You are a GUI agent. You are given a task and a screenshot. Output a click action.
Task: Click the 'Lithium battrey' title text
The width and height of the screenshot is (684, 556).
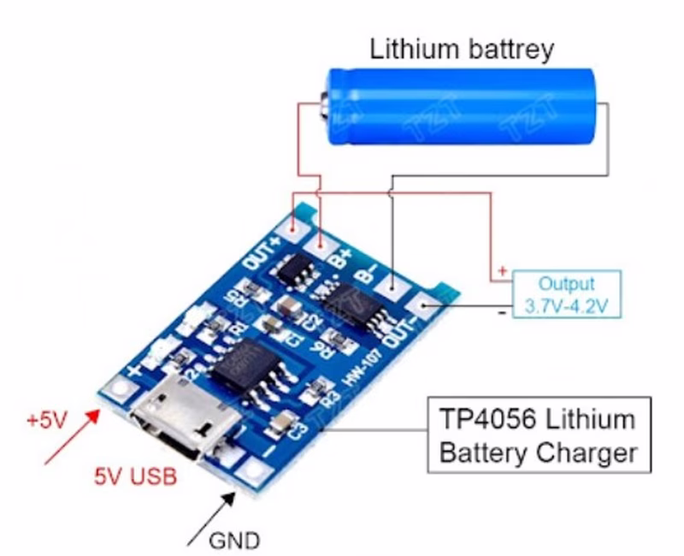(462, 49)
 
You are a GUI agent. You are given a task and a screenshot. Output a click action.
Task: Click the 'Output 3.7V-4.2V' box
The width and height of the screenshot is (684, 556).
(566, 295)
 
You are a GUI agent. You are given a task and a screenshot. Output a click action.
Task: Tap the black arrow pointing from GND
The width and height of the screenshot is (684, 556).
(209, 518)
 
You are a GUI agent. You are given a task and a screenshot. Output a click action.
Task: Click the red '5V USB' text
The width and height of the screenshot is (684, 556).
(138, 477)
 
